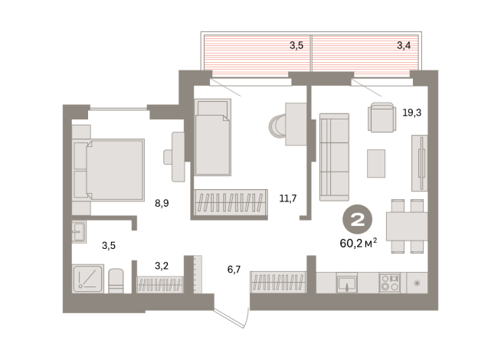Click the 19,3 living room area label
pos(411,112)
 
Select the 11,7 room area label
pos(287,198)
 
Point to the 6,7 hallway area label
pos(234,270)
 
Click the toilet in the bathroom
pos(116,280)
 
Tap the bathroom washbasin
pos(78,231)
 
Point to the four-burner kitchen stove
pos(388,283)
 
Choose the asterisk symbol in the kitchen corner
pos(417,283)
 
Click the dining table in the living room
pos(406,227)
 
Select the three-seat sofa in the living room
pos(333,156)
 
